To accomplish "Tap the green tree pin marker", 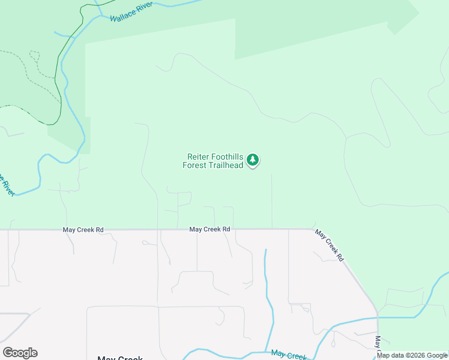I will pyautogui.click(x=253, y=160).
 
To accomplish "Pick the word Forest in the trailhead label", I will pyautogui.click(x=194, y=165).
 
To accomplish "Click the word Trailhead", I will pyautogui.click(x=226, y=165).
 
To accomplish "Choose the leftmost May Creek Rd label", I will pyautogui.click(x=83, y=230).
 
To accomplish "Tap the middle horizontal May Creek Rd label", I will pyautogui.click(x=210, y=229).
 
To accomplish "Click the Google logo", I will pyautogui.click(x=20, y=353).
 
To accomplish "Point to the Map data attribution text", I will pyautogui.click(x=412, y=355).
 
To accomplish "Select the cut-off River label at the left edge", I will pyautogui.click(x=6, y=184).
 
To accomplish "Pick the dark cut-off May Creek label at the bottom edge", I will pyautogui.click(x=120, y=358).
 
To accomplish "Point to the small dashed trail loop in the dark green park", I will pyautogui.click(x=34, y=56).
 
